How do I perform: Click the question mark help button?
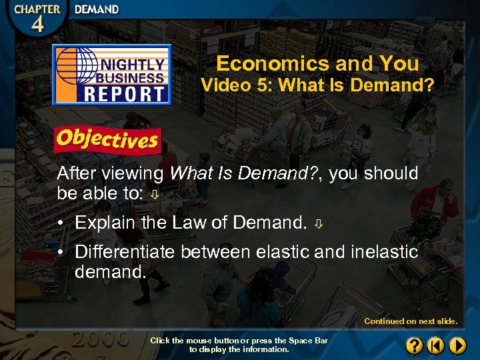[x=414, y=345]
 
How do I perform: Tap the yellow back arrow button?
[x=435, y=345]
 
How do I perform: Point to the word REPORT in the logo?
[x=125, y=93]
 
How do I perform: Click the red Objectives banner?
[x=107, y=139]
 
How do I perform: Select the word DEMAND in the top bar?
[x=97, y=9]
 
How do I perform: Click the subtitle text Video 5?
[x=231, y=85]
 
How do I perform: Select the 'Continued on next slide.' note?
[x=411, y=321]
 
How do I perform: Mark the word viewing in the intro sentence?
[x=133, y=174]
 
